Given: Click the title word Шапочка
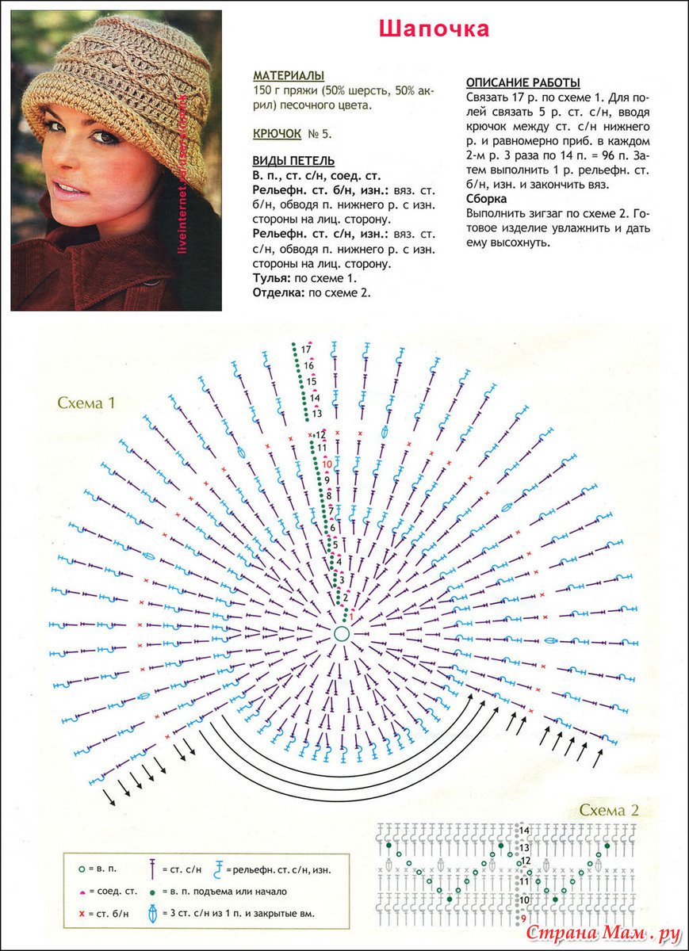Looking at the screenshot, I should pyautogui.click(x=434, y=29).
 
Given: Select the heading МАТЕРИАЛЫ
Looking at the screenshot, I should pyautogui.click(x=289, y=75).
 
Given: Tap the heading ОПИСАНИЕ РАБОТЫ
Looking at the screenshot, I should pyautogui.click(x=523, y=82).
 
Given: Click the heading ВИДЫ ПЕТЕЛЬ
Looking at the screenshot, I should pyautogui.click(x=293, y=161).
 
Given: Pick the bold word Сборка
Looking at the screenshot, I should pyautogui.click(x=487, y=199).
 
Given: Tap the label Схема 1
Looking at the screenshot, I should pyautogui.click(x=86, y=403).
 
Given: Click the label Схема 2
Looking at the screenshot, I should pyautogui.click(x=609, y=810).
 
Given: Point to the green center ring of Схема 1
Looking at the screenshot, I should pyautogui.click(x=342, y=633).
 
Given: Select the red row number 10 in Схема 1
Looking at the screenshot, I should pyautogui.click(x=327, y=464).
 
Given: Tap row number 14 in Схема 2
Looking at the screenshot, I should pyautogui.click(x=524, y=831).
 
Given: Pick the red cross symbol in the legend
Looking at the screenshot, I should pyautogui.click(x=82, y=914).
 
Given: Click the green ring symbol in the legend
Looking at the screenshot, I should pyautogui.click(x=82, y=869).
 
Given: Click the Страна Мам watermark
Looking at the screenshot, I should pyautogui.click(x=603, y=933).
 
